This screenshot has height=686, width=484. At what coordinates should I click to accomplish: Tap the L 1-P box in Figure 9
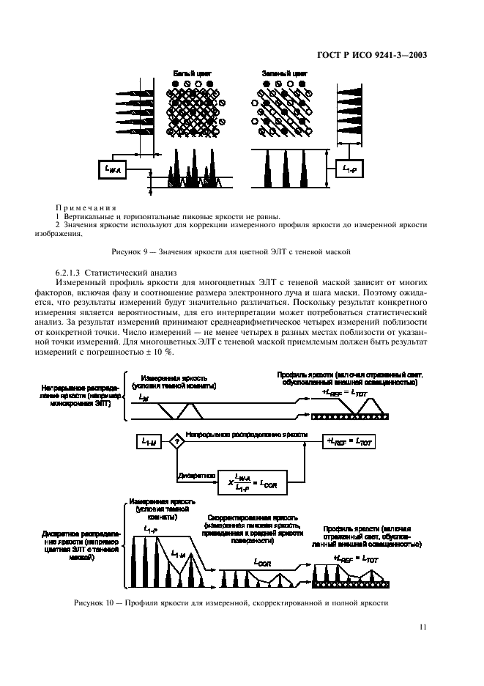tap(349, 169)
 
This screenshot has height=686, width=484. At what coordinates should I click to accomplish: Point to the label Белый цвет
tap(189, 73)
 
